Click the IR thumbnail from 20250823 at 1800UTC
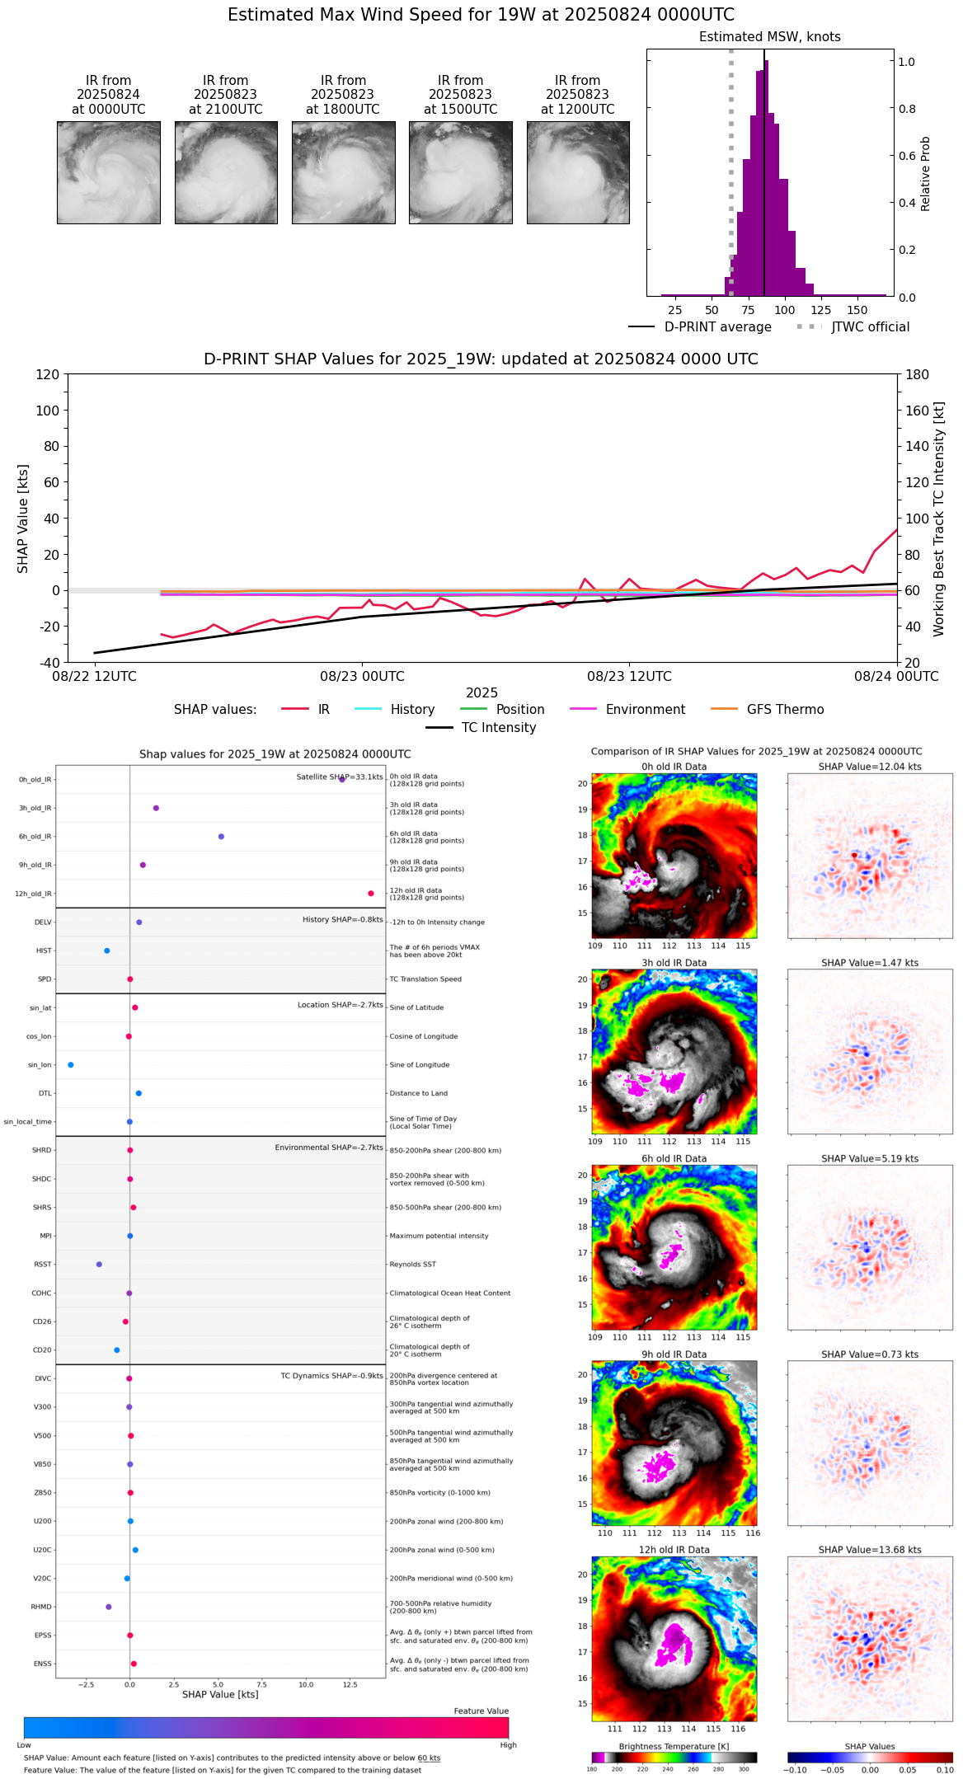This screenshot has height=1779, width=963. coord(343,172)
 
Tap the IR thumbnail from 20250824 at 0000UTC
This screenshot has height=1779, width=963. coord(109,172)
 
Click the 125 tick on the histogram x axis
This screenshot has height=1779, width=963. coord(821,310)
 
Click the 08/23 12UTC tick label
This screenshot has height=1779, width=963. coord(629,677)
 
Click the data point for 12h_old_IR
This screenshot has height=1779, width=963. coord(371,894)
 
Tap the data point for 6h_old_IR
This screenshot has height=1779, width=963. coord(221,837)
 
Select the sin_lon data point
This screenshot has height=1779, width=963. coord(71,1065)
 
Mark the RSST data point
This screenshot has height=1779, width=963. coord(99,1265)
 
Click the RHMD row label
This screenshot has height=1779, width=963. coord(41,1607)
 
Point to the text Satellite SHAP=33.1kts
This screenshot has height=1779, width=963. coord(340,777)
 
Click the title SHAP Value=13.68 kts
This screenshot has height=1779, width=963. coord(870,1550)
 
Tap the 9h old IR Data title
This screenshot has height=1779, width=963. coord(674,1354)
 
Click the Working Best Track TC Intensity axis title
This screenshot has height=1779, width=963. coord(939,519)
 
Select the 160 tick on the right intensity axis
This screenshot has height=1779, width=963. coord(918,411)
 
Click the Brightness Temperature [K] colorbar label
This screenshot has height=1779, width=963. coord(674,1746)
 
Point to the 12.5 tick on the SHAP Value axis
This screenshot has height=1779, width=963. coord(350,1684)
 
